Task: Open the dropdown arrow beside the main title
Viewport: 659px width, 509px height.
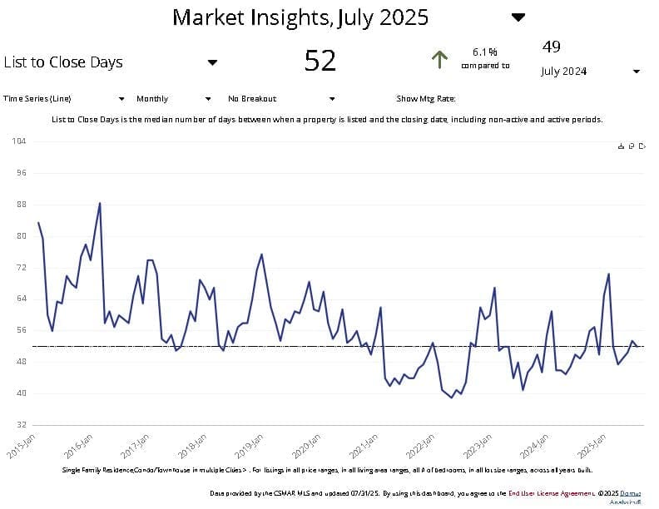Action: coord(518,17)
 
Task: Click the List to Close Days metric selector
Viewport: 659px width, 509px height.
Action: coord(63,62)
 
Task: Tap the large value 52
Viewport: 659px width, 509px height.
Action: coord(320,61)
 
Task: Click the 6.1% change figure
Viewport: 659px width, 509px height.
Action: coord(484,52)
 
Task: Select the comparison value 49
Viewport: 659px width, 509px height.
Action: coord(551,47)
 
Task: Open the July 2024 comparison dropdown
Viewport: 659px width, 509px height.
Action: coord(636,72)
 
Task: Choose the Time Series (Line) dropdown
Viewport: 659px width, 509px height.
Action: coord(121,99)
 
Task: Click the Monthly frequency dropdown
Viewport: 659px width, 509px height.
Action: coord(208,99)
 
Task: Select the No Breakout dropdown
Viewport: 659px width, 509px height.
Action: coord(331,99)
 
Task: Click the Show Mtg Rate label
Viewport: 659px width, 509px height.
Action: coord(425,99)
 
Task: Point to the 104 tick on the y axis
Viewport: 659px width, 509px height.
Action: coord(19,141)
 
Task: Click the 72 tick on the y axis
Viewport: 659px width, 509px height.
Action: coord(21,268)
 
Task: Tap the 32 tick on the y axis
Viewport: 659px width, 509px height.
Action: coord(21,425)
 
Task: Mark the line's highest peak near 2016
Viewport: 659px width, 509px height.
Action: coord(100,203)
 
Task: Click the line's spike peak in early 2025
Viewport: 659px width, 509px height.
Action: coord(609,274)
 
